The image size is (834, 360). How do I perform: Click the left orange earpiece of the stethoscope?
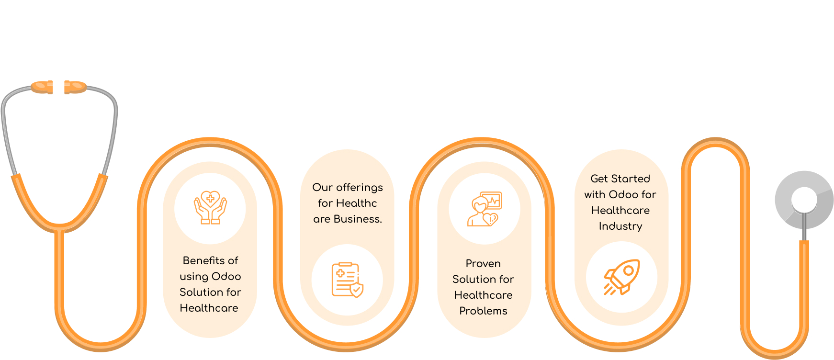pyautogui.click(x=42, y=87)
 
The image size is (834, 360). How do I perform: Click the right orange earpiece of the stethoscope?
pyautogui.click(x=75, y=87)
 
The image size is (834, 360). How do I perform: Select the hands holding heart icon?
pyautogui.click(x=210, y=208)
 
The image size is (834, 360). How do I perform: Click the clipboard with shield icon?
pyautogui.click(x=347, y=280)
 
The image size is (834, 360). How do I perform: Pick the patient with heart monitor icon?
pyautogui.click(x=484, y=209)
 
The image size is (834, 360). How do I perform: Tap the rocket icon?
pyautogui.click(x=621, y=277)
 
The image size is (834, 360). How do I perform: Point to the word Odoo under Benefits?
pyautogui.click(x=226, y=277)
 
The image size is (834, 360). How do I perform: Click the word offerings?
pyautogui.click(x=359, y=188)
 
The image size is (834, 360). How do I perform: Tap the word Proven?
pyautogui.click(x=483, y=264)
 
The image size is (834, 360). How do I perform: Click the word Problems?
pyautogui.click(x=483, y=311)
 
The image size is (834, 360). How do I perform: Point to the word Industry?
pyautogui.click(x=620, y=226)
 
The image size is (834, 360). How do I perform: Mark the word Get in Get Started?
pyautogui.click(x=599, y=179)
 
